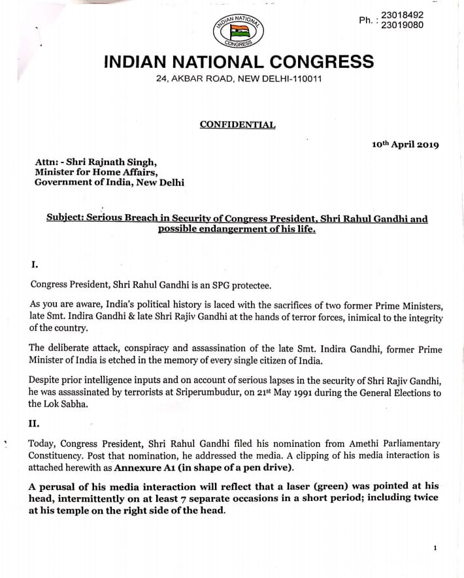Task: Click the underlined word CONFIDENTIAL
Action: click(x=237, y=125)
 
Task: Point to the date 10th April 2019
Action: click(x=405, y=144)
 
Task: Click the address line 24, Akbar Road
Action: click(x=239, y=79)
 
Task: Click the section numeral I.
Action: click(x=35, y=264)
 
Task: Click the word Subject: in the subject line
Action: click(x=67, y=219)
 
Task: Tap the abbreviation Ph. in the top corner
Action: click(x=366, y=20)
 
